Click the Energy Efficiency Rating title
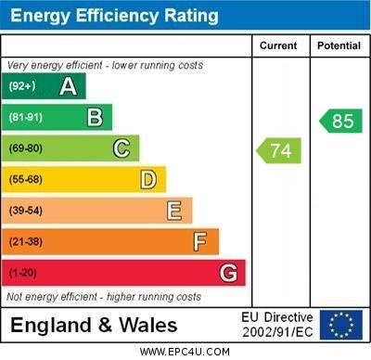click(x=114, y=16)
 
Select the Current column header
click(x=278, y=45)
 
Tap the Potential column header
click(x=339, y=45)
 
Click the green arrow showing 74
click(x=279, y=150)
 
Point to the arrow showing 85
click(x=340, y=121)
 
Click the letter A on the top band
click(x=68, y=86)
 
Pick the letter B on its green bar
click(x=95, y=117)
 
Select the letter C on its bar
click(x=122, y=148)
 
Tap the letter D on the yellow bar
click(x=148, y=179)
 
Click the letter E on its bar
click(x=174, y=211)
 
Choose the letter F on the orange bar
click(x=200, y=241)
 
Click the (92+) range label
click(x=22, y=86)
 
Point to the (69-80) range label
click(x=26, y=148)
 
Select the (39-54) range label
click(x=26, y=211)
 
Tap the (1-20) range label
click(x=22, y=273)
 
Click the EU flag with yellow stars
click(x=341, y=325)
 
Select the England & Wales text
click(x=94, y=325)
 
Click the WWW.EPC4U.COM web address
click(x=185, y=352)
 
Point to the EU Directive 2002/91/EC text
click(x=277, y=325)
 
